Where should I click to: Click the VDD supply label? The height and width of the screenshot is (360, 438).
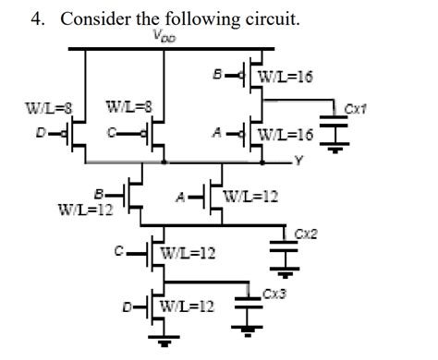click(x=165, y=37)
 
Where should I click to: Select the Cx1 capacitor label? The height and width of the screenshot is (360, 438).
click(x=357, y=107)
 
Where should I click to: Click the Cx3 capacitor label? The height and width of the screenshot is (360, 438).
click(x=273, y=294)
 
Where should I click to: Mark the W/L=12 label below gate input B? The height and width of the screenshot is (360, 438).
click(x=86, y=210)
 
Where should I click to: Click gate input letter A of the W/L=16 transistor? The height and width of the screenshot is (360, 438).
click(x=215, y=135)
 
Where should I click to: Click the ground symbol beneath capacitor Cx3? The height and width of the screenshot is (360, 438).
click(x=248, y=329)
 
